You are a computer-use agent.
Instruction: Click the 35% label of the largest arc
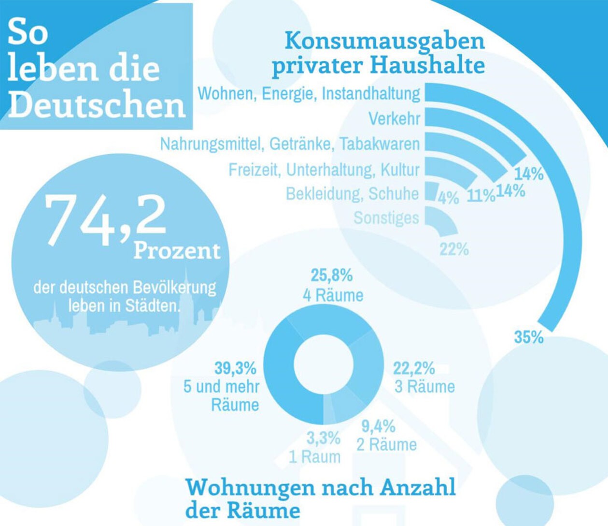[529, 337]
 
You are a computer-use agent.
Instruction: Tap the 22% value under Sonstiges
[454, 249]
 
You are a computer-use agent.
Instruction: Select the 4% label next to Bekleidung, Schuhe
[449, 198]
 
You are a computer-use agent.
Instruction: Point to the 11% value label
[481, 196]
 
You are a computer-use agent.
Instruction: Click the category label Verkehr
[395, 118]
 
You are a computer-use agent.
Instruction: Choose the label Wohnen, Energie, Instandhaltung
[309, 93]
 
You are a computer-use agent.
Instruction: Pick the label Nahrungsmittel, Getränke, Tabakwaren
[290, 144]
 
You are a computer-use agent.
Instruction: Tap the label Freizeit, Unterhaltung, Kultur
[324, 170]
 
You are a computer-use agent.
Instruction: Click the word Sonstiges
[386, 218]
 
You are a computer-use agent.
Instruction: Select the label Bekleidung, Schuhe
[352, 193]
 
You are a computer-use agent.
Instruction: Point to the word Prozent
[177, 251]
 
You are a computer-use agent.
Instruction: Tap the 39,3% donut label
[235, 368]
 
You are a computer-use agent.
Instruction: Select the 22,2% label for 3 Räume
[414, 368]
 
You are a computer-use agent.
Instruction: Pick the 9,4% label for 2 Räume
[379, 426]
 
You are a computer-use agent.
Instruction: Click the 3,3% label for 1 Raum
[323, 438]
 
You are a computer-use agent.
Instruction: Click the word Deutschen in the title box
[97, 105]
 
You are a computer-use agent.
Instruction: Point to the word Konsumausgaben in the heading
[384, 41]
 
